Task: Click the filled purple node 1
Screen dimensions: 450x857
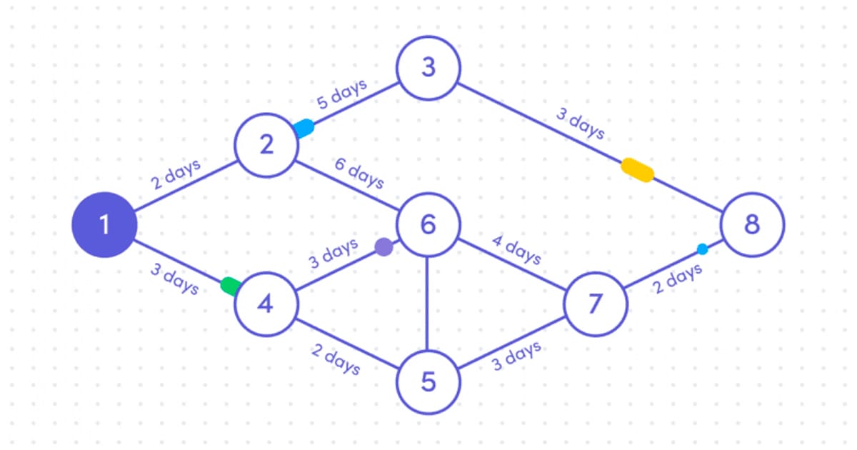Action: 104,225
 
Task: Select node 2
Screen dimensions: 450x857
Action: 266,146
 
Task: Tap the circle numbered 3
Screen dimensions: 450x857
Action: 428,67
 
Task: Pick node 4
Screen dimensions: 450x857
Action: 266,305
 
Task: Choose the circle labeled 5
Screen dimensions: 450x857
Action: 428,382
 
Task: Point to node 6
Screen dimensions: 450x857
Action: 428,225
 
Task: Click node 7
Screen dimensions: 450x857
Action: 595,304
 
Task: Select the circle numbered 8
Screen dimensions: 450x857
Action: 752,225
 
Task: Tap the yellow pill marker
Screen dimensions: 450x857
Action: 637,170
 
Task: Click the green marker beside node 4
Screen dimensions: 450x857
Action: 231,286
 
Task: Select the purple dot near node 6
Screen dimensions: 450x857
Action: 384,247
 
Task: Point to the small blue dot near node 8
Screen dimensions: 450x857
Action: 702,249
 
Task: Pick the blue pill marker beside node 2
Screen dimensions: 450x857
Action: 304,128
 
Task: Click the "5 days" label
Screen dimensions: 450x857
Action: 341,94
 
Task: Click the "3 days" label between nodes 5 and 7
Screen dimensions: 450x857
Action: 516,356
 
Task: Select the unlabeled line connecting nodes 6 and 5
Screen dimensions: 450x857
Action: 428,304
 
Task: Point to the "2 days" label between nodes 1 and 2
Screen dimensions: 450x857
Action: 176,174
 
